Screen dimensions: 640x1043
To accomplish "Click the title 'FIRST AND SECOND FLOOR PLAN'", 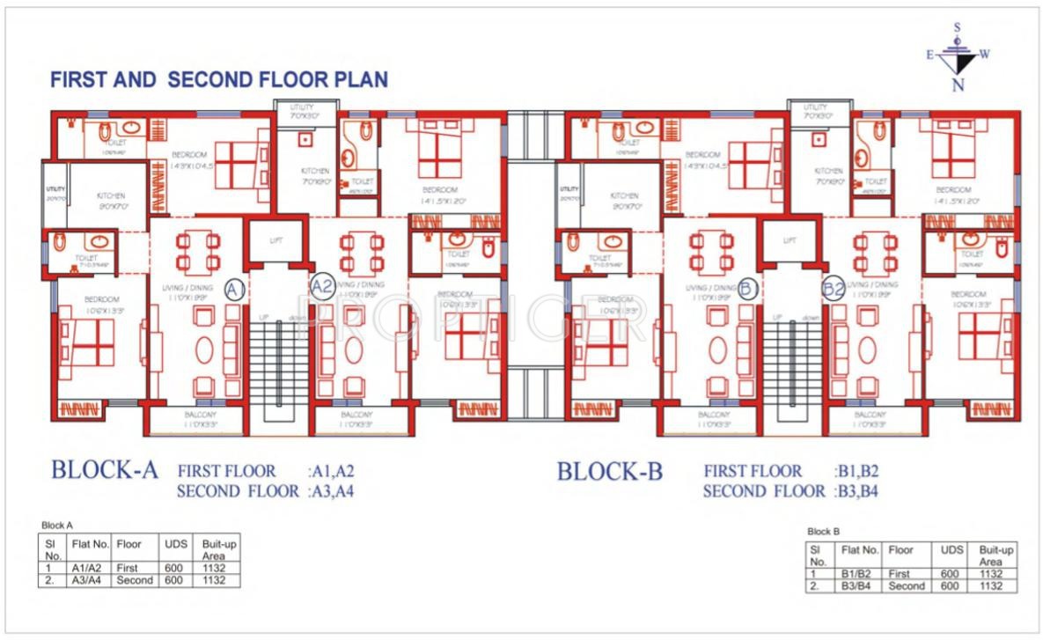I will coord(218,79).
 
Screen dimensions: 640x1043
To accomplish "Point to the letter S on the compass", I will coord(958,28).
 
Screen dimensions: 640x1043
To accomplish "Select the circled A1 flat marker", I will coord(235,290).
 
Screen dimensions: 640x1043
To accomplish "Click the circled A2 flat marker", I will coord(322,286).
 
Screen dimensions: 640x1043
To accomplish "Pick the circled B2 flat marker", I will coord(833,288).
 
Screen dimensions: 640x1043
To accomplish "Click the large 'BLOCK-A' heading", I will coord(104,470).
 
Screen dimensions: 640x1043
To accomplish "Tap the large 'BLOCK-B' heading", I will coord(609,472).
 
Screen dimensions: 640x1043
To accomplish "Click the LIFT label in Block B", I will coord(790,240).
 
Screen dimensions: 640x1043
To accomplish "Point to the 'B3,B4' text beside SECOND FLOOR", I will coord(856,492).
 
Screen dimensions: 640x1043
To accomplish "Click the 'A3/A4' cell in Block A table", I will coord(88,581).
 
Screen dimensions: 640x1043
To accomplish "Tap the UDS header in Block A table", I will coord(174,544).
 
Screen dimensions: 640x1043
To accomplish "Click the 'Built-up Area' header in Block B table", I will coord(995,555).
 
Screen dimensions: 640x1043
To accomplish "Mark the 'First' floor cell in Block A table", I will coord(129,569).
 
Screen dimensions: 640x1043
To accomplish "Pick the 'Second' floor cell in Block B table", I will coord(907,586).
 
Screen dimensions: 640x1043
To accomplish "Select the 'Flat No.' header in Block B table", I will coord(860,549).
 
